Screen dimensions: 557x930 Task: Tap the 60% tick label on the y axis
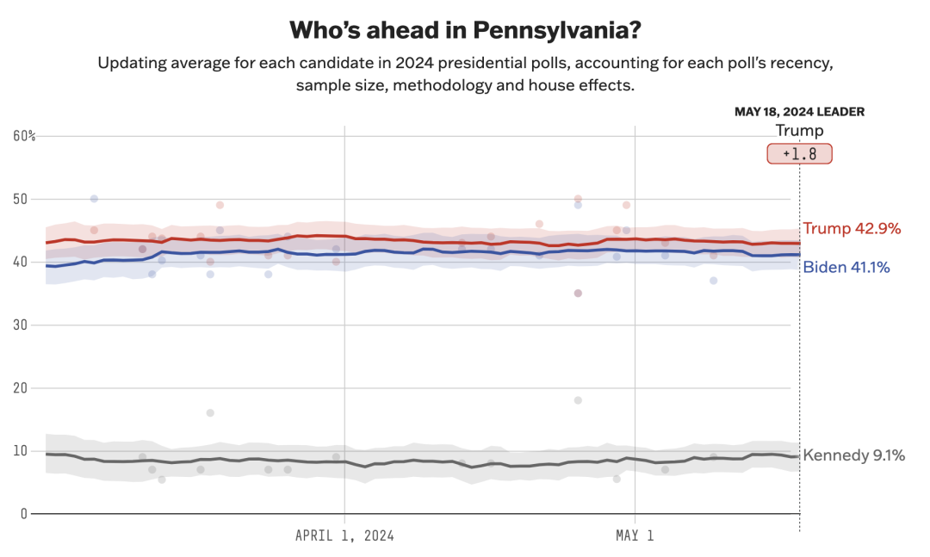pos(24,136)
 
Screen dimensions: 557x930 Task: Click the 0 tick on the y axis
pos(23,514)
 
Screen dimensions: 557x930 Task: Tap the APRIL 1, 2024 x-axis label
pos(344,535)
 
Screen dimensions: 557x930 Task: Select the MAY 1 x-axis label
pos(635,535)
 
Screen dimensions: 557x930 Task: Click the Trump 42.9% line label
pos(852,229)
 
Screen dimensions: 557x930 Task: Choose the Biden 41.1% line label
pos(846,268)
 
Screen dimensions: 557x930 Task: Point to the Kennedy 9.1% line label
pos(853,455)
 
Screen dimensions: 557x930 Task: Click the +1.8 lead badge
pos(799,154)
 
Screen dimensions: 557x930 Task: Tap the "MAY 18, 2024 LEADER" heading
pos(799,112)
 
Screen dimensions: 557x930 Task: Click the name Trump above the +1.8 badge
pos(799,131)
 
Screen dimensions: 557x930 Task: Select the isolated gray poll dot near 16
pos(210,413)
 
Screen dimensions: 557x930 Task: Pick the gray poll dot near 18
pos(578,400)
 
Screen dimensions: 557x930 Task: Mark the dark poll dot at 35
pos(578,294)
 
